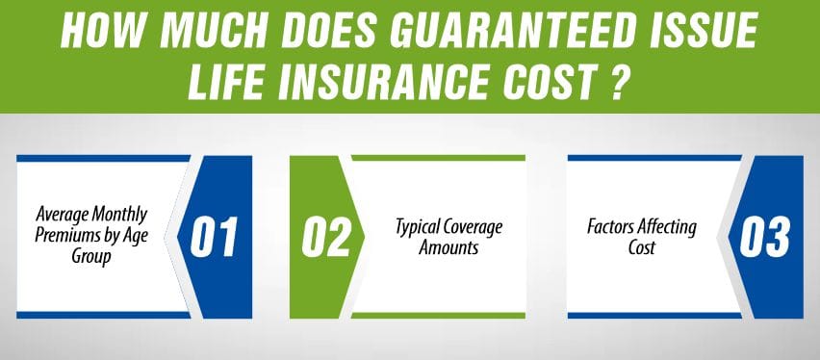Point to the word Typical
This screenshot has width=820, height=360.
(x=422, y=228)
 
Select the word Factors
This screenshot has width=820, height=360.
(x=611, y=229)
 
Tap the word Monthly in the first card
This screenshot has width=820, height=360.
(x=129, y=219)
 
